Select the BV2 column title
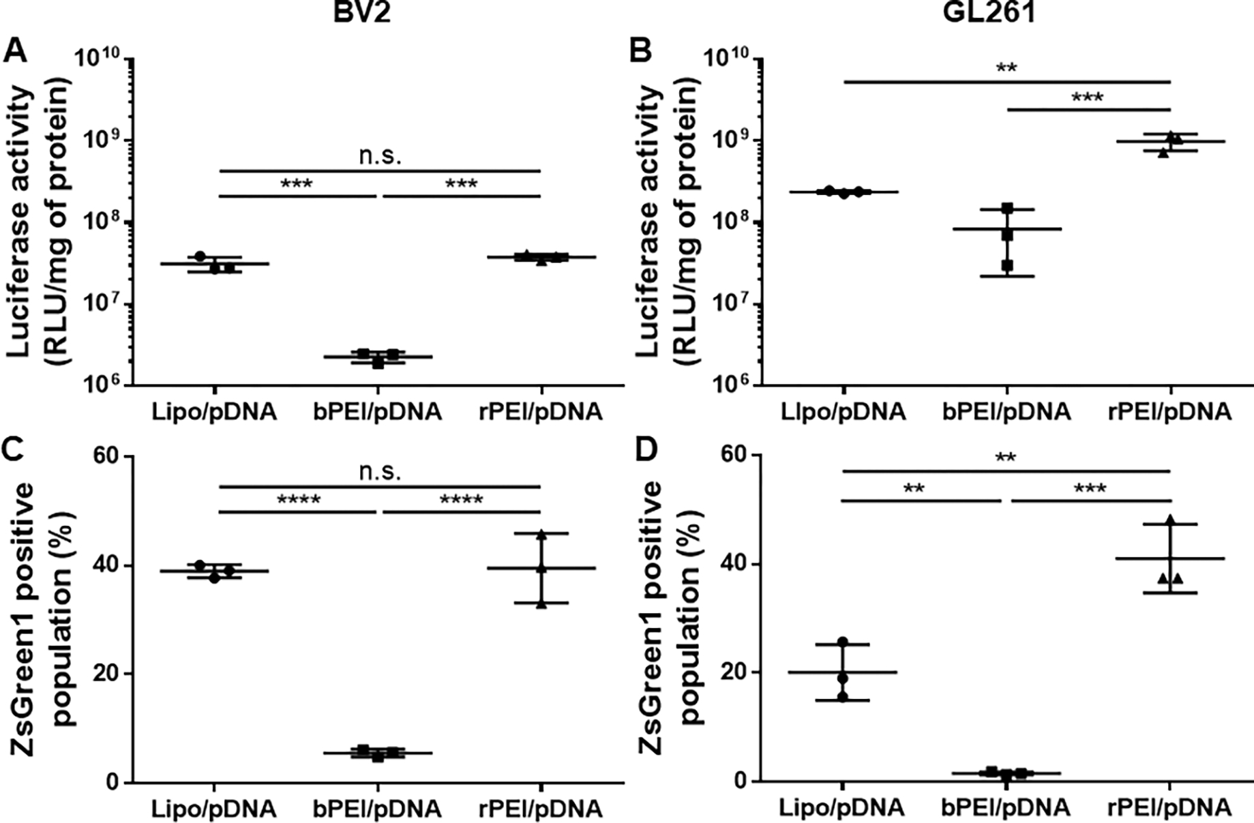click(362, 12)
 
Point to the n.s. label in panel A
click(380, 156)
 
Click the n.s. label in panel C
click(380, 472)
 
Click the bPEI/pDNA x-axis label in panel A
click(377, 412)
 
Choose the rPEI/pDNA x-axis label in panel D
click(1169, 808)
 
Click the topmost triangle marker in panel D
click(1170, 520)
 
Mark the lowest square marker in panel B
click(1007, 265)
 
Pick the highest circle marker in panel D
click(843, 642)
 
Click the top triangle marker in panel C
click(541, 535)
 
